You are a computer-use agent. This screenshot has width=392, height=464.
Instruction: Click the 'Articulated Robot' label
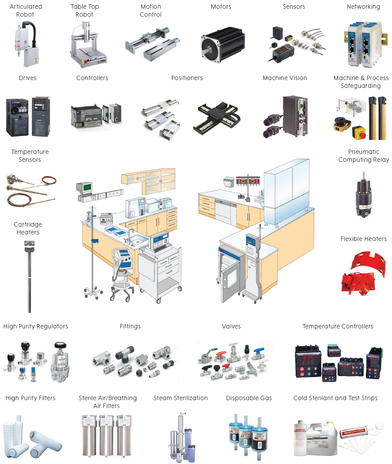tap(26, 10)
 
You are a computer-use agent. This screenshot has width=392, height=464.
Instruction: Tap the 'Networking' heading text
tap(363, 7)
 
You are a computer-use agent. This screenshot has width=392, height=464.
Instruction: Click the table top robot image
tap(88, 44)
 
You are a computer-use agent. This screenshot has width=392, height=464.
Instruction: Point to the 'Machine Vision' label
tap(285, 78)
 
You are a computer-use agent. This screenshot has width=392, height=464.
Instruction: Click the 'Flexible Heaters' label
tap(364, 239)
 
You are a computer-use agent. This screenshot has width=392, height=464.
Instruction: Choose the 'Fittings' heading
tap(130, 326)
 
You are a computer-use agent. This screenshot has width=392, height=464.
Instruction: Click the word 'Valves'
tap(231, 326)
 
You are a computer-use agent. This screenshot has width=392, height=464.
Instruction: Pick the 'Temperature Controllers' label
tap(338, 326)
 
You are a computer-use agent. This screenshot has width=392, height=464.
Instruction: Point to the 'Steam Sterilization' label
tap(180, 398)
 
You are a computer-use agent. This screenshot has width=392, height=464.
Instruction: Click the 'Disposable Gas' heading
tap(249, 398)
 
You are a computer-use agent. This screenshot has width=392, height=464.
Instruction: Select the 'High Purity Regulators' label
tap(36, 326)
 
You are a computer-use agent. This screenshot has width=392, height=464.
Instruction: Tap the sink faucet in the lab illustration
tap(130, 234)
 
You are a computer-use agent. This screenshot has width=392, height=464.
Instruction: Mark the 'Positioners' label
tap(187, 78)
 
